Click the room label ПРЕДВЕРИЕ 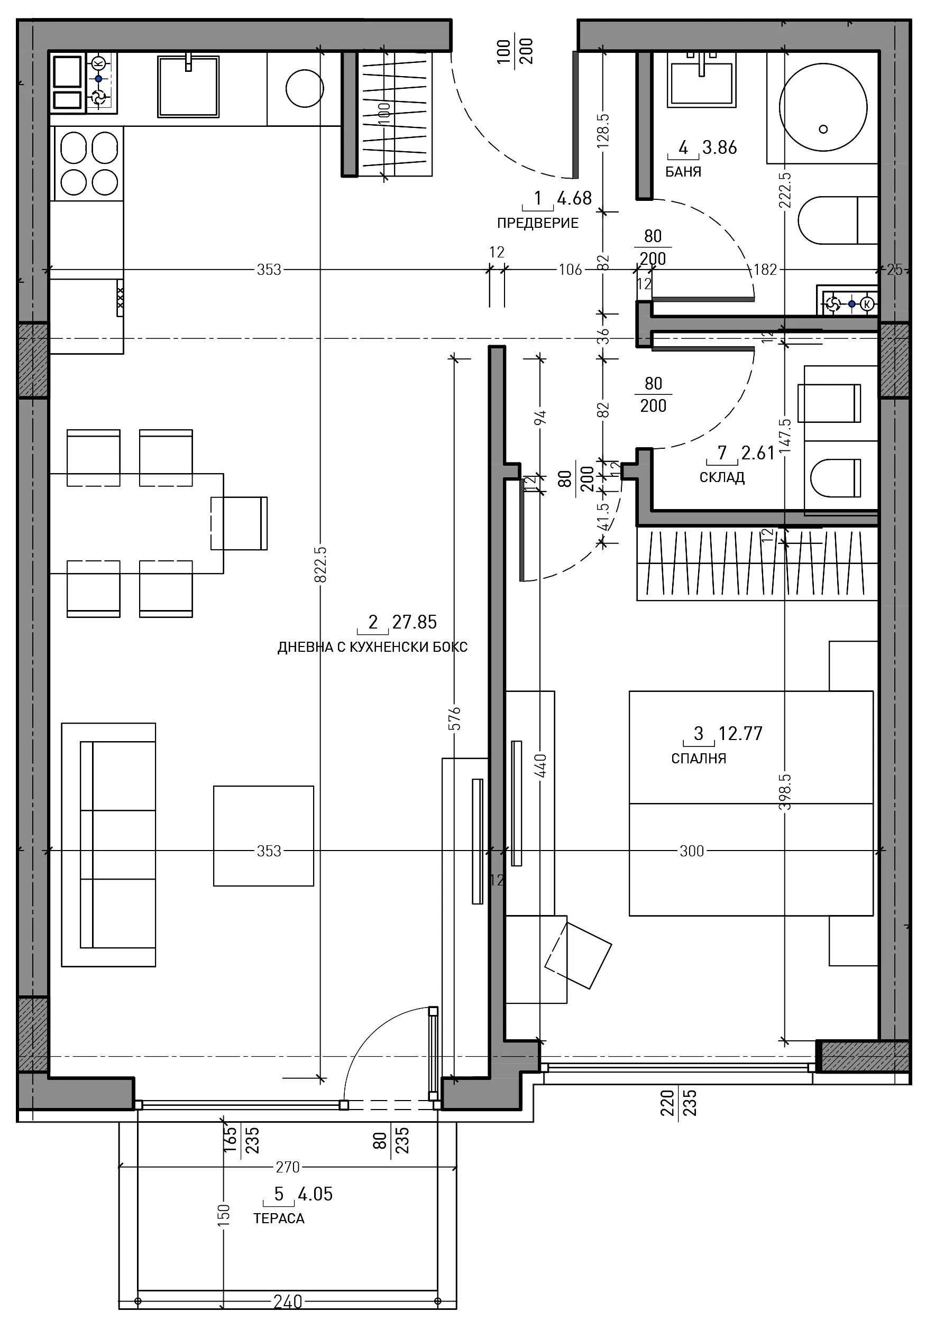(537, 223)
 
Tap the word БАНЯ (683, 172)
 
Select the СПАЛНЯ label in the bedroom (699, 759)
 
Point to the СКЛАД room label (722, 477)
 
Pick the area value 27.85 (415, 622)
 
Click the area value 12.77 (740, 734)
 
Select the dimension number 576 (454, 718)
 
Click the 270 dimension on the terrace (287, 1167)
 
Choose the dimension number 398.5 (785, 792)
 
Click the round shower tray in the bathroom (823, 107)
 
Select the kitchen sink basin (188, 86)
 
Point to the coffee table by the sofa (263, 836)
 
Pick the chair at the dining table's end (239, 523)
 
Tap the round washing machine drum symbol (305, 88)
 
